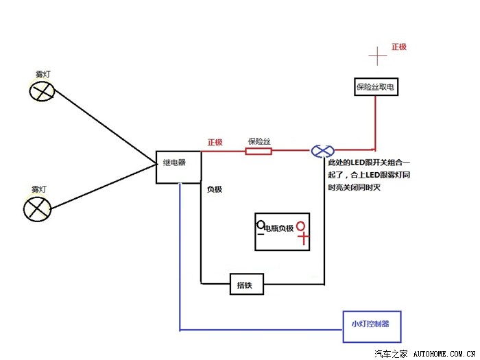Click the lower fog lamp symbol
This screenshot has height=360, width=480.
point(38,208)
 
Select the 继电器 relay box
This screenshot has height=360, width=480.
point(179,167)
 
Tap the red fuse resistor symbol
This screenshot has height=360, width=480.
point(259,151)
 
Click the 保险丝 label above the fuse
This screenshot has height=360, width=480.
point(259,141)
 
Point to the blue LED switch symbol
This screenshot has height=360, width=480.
point(322,151)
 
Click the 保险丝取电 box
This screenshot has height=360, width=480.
point(375,87)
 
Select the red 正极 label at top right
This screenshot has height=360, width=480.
point(399,47)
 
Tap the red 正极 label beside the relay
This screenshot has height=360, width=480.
point(215,143)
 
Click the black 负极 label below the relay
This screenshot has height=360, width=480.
point(215,189)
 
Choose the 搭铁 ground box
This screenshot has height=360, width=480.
point(246,284)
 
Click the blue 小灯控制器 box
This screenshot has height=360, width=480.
point(370,323)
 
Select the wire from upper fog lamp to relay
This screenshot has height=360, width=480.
point(103,127)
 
